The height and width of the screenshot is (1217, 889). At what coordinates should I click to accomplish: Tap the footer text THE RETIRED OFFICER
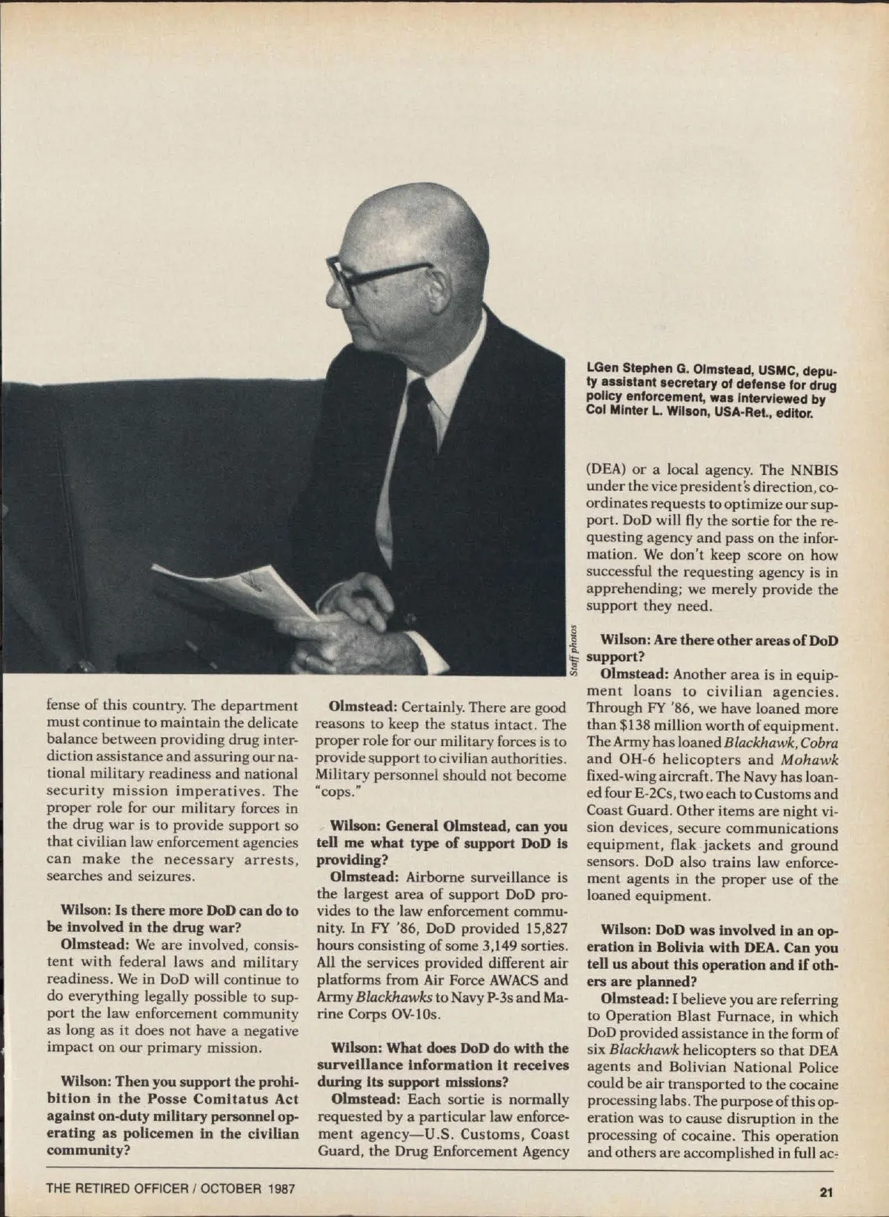click(119, 1189)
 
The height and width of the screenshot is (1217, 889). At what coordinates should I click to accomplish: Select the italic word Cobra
click(818, 742)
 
